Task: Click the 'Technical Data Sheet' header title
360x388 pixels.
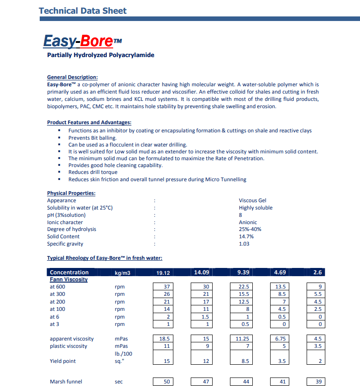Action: pos(83,10)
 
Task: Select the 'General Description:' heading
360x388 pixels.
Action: pos(72,77)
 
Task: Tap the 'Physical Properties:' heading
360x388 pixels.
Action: pos(71,193)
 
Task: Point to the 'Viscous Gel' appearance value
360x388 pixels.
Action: pos(252,200)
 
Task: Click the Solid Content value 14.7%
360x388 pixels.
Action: pos(246,236)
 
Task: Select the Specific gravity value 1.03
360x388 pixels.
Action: pos(244,244)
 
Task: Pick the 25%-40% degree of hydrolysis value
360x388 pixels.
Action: pos(250,229)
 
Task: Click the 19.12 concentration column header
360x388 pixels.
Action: pos(163,273)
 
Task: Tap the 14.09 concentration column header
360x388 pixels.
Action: pos(201,273)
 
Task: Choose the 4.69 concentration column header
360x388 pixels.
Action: pos(280,273)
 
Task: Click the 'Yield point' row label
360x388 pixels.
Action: pos(63,361)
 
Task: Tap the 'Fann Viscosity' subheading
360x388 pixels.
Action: pos(68,279)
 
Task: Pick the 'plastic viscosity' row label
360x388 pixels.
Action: pos(68,346)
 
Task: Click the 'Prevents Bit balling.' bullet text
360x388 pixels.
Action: pos(93,138)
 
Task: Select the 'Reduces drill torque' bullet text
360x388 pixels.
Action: pos(93,172)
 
